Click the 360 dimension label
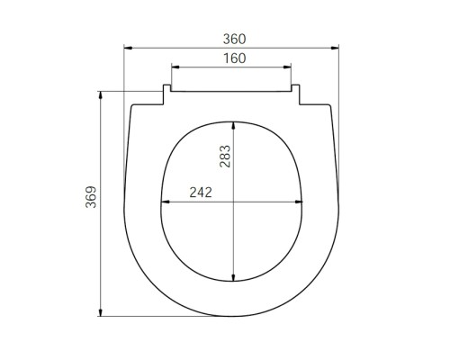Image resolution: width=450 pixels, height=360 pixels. [234, 39]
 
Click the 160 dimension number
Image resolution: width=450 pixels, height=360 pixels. [235, 58]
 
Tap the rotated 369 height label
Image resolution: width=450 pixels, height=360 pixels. [91, 197]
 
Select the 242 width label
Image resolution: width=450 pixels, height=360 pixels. [201, 193]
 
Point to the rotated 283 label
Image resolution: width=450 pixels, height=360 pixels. [225, 156]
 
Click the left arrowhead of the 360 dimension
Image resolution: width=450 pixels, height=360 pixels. [128, 48]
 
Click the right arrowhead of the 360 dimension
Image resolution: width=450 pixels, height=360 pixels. [335, 48]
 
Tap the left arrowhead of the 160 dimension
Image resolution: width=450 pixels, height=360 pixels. [175, 67]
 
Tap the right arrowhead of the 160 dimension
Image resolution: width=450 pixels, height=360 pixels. [287, 67]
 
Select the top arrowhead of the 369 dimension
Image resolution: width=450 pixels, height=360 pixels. [101, 95]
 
